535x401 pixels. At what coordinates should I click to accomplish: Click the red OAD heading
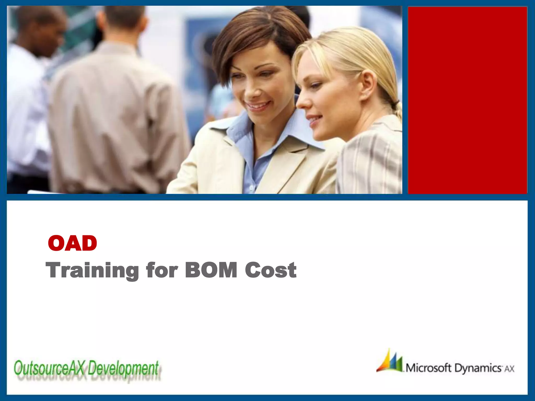(72, 243)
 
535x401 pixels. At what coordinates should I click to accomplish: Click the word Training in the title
(92, 270)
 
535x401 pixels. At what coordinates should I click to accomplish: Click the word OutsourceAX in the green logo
(50, 368)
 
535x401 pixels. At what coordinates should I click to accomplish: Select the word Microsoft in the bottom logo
(428, 368)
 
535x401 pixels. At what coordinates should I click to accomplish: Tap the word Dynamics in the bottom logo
(478, 368)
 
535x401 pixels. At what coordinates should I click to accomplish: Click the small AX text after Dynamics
(509, 369)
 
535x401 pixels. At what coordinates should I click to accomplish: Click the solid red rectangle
(467, 100)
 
